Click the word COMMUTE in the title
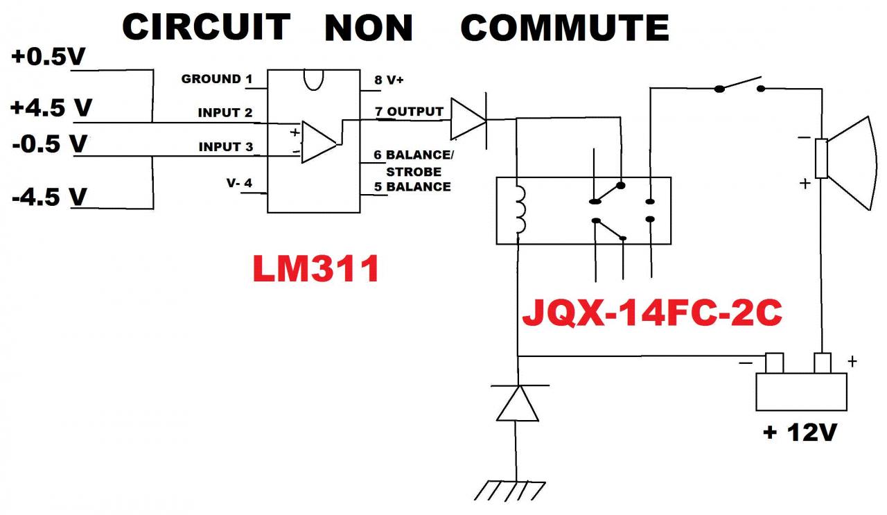coord(565,28)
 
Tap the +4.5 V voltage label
coord(52,109)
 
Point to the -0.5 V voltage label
coord(49,145)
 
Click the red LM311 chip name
coord(316,270)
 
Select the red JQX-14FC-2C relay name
coord(651,314)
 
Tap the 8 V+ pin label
coord(389,80)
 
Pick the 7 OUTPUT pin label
coord(409,112)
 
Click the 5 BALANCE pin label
coord(412,186)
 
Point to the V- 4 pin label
coord(239,184)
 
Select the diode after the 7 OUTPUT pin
coord(469,119)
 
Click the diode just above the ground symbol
coord(517,403)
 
